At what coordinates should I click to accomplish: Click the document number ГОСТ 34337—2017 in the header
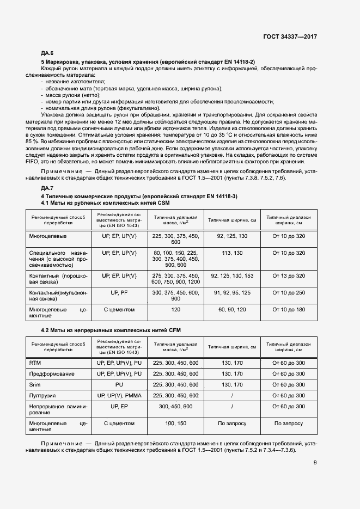[x=290, y=36]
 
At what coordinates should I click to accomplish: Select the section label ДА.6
[x=47, y=53]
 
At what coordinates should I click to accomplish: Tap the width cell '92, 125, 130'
[x=232, y=237]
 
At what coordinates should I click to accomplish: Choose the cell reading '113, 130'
[x=232, y=253]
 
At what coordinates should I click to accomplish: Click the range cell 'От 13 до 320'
[x=289, y=276]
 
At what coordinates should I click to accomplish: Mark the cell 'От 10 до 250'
[x=289, y=292]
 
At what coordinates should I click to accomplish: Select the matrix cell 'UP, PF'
[x=119, y=292]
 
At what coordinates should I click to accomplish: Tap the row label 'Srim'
[x=35, y=384]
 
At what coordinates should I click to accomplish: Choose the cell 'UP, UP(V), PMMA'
[x=119, y=395]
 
